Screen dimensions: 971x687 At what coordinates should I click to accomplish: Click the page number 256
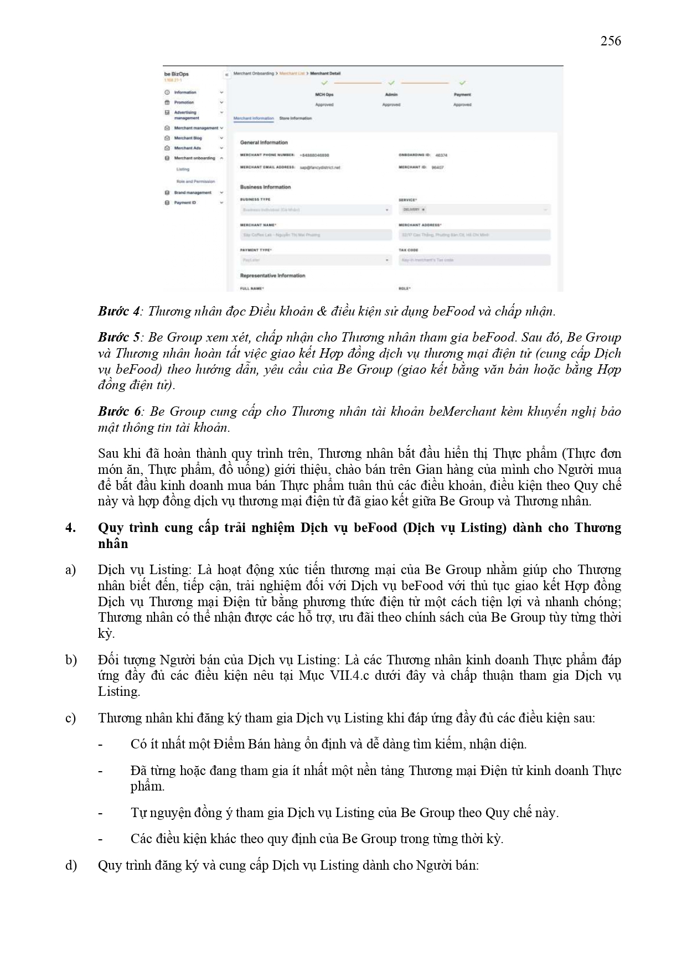(x=610, y=41)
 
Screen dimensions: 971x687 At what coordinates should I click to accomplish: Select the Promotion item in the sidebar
(x=184, y=102)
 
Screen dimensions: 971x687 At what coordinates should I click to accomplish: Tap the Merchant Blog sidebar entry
(x=188, y=138)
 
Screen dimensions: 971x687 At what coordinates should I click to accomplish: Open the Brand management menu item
(x=193, y=193)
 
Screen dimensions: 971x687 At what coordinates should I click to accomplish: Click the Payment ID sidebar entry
(x=185, y=203)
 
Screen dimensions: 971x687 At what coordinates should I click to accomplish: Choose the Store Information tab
(x=296, y=118)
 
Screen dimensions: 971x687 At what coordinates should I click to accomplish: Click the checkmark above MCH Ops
(x=324, y=83)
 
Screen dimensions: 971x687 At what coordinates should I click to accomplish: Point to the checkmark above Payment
(x=462, y=83)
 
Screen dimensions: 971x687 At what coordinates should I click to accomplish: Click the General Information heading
(x=264, y=143)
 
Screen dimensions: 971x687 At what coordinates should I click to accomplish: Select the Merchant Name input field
(x=316, y=235)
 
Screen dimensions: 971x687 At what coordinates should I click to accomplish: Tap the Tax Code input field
(x=474, y=260)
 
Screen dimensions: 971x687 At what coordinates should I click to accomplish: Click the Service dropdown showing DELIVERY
(x=474, y=210)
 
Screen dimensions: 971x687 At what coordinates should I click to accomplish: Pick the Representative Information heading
(x=272, y=276)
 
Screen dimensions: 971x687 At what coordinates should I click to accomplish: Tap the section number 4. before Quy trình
(x=70, y=528)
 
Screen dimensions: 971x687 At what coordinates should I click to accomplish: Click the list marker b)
(x=71, y=660)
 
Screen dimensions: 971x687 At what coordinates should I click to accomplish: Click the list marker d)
(x=71, y=865)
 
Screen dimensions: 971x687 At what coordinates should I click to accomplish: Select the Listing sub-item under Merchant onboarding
(x=183, y=169)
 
